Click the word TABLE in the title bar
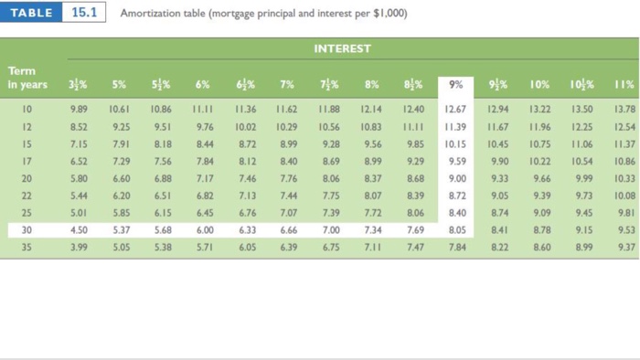32,14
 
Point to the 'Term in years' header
27,78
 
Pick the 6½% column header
246,85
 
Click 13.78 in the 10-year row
624,110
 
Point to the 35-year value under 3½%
79,246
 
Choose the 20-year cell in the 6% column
204,178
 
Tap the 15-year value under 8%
372,143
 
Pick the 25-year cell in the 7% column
288,212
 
